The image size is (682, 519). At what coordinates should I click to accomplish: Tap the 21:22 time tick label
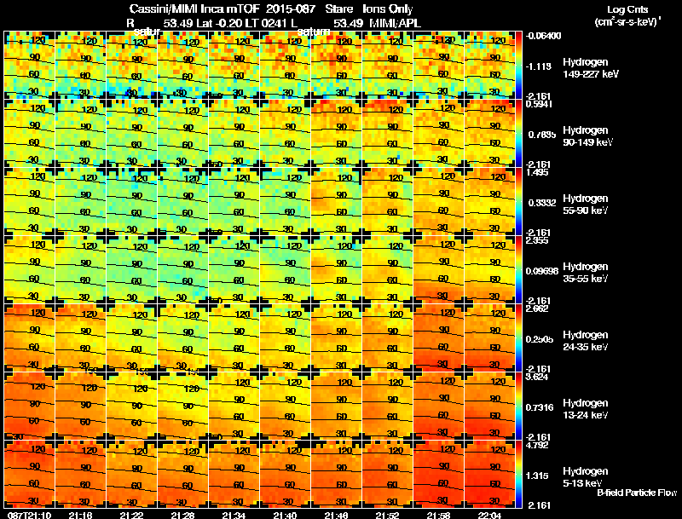132,515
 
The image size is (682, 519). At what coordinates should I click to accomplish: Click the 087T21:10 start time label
27,515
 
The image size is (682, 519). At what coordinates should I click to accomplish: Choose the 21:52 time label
388,515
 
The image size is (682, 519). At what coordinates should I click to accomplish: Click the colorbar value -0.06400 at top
543,36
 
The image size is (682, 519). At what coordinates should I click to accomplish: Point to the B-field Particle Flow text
637,493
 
